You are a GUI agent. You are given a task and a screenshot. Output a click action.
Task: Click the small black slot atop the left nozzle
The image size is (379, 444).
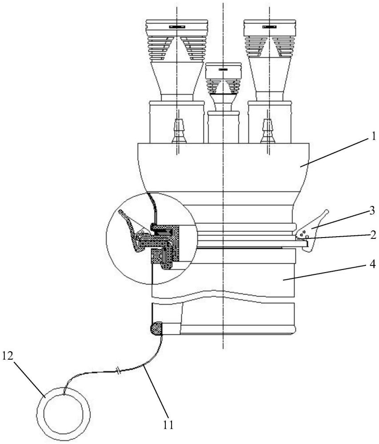click(x=176, y=27)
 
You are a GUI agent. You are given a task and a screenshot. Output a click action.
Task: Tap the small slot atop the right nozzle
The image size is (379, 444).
click(x=269, y=27)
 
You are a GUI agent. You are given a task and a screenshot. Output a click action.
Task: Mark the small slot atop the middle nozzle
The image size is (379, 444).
click(x=223, y=70)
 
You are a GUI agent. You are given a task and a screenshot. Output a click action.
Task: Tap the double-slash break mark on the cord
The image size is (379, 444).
click(x=119, y=369)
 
